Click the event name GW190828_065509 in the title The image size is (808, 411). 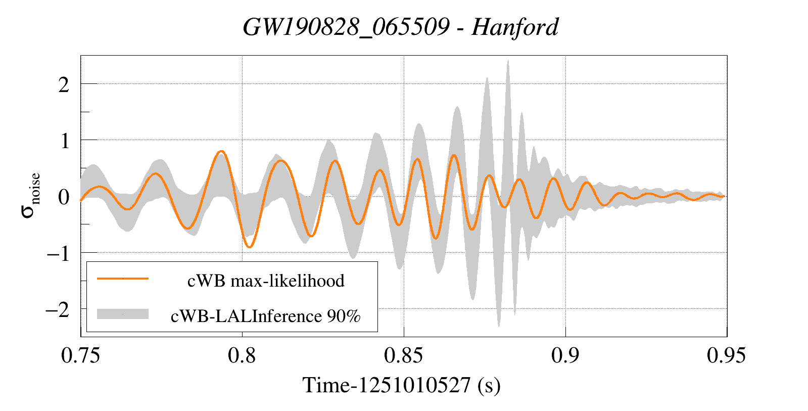click(346, 27)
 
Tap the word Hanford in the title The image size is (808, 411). click(514, 27)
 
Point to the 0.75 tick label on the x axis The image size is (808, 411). click(80, 356)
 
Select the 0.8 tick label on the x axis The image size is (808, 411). click(242, 356)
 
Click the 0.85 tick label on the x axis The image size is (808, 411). click(403, 356)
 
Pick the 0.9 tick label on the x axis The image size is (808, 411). click(565, 356)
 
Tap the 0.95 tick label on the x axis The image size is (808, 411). click(726, 356)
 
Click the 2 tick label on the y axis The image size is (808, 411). click(64, 84)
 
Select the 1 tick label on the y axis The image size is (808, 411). click(64, 141)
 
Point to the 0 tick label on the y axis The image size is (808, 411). click(64, 197)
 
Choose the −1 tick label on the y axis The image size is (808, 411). click(58, 253)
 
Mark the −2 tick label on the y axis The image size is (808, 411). click(58, 309)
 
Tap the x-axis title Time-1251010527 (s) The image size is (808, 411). click(401, 385)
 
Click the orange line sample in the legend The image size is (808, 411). click(123, 279)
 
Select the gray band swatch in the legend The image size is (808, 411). click(123, 314)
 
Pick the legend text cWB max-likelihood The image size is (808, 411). click(266, 281)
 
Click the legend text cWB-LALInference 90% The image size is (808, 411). click(266, 316)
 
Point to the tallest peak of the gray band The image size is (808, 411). click(508, 61)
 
